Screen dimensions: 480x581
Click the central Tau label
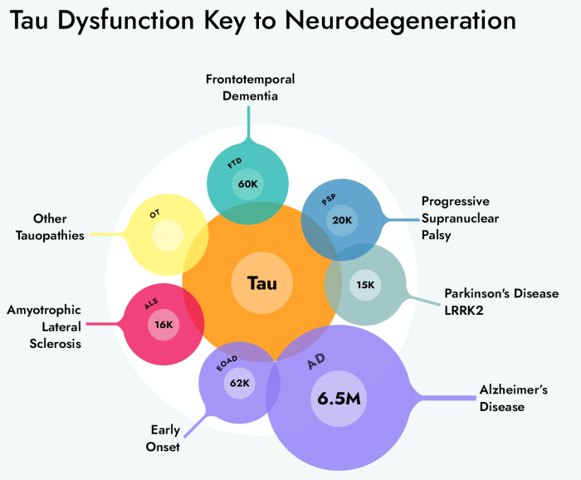[261, 283]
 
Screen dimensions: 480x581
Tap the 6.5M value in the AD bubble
[339, 398]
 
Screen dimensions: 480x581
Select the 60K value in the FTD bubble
[247, 184]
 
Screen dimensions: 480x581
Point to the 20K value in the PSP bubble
[342, 220]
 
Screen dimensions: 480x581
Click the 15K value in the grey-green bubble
[365, 284]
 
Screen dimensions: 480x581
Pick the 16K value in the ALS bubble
[163, 325]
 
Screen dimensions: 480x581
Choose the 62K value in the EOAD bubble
[240, 383]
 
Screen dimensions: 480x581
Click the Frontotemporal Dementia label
[251, 87]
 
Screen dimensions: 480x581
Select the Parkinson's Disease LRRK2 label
[500, 301]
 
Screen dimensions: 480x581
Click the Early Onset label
[165, 438]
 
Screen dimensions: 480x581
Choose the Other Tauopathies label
[51, 227]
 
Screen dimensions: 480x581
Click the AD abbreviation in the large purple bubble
[316, 363]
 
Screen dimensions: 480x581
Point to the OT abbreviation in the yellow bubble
[154, 213]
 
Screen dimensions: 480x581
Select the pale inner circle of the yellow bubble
[168, 235]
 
